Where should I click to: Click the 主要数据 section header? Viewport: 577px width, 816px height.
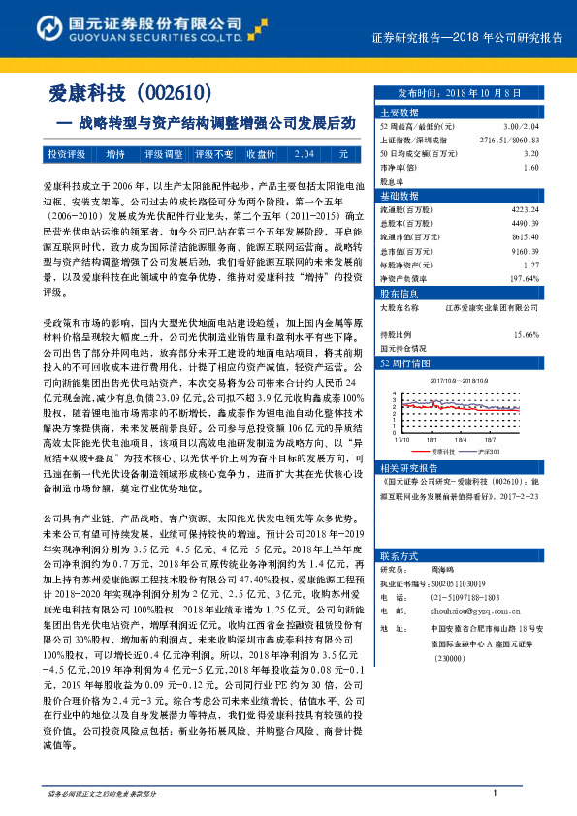[x=398, y=113]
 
